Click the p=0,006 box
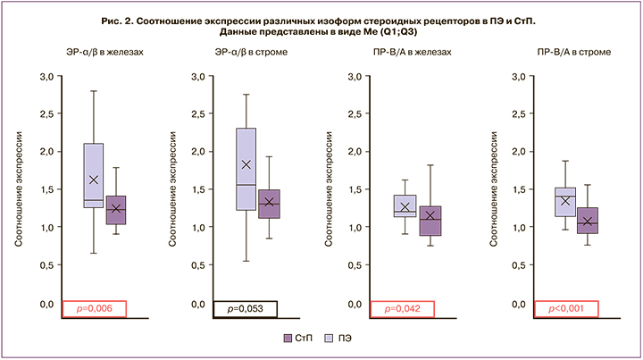92,309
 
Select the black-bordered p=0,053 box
246,309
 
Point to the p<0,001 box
564,309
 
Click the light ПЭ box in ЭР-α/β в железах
94,175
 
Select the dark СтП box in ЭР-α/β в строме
269,204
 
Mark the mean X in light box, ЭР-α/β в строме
246,164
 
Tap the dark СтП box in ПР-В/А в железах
430,221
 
